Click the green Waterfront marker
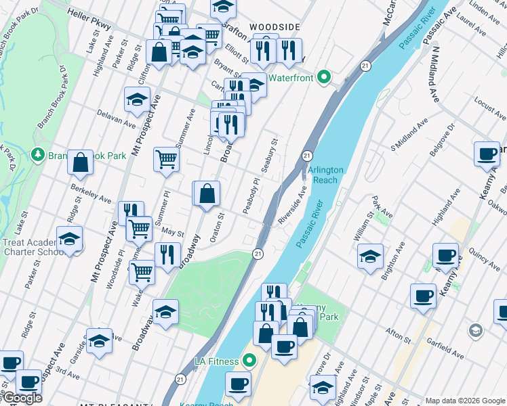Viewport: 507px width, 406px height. (x=323, y=78)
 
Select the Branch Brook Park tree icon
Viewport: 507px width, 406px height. (x=37, y=156)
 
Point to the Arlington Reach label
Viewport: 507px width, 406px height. (x=325, y=175)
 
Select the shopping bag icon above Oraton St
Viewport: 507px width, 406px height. (x=208, y=194)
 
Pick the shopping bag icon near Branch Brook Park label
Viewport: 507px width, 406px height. (x=81, y=162)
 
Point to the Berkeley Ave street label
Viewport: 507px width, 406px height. (x=91, y=195)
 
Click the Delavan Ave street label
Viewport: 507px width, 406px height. (x=116, y=118)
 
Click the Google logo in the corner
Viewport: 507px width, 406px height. (x=22, y=398)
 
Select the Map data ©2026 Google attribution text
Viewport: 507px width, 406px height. (x=464, y=401)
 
